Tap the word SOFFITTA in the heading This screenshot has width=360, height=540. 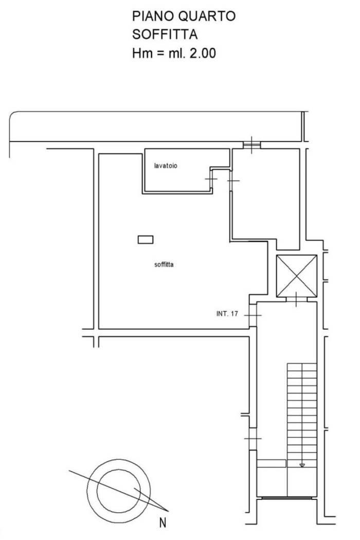165,34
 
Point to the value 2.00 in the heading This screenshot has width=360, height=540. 203,53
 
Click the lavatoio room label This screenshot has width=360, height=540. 166,166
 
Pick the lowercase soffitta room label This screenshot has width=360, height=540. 164,264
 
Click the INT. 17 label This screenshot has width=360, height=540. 227,314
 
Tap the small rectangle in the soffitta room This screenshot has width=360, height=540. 146,239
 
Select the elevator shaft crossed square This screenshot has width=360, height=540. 297,276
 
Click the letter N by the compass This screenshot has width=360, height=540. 163,523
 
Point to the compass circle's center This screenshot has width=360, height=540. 118,491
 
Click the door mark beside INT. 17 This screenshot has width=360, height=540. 253,315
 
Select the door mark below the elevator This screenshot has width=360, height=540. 297,299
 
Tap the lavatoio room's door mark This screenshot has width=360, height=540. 211,179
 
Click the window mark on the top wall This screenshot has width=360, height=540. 252,145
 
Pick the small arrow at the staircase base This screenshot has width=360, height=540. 302,465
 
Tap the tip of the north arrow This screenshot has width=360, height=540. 169,511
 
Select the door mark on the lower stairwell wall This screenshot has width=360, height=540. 253,438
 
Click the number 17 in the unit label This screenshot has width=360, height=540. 235,314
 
